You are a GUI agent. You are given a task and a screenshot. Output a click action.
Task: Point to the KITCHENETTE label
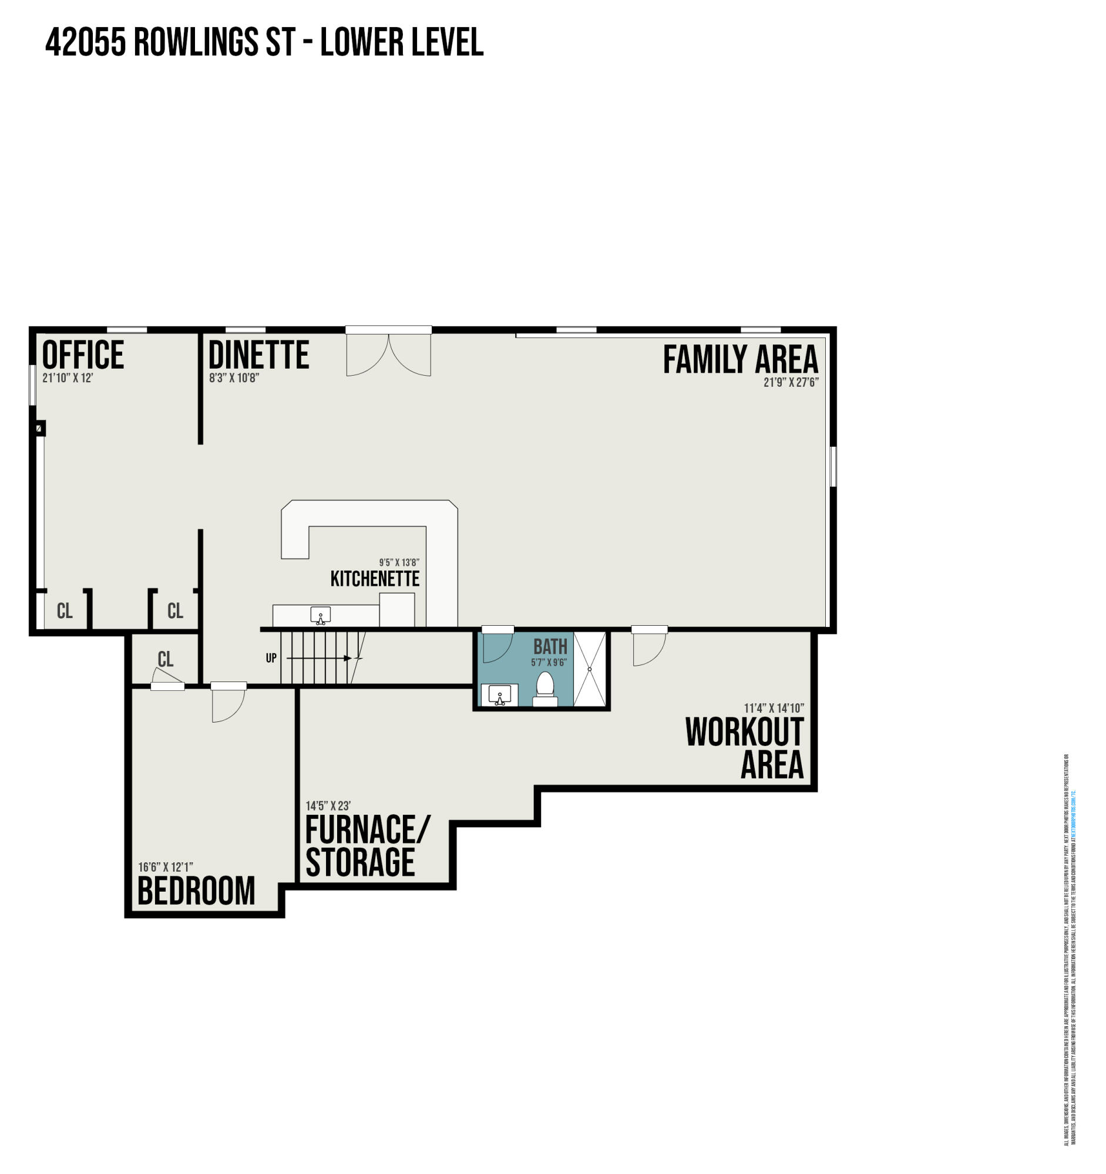click(x=375, y=579)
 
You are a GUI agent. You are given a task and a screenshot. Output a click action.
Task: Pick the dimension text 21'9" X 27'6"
click(x=791, y=383)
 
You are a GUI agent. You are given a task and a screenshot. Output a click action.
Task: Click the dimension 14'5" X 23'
click(x=328, y=805)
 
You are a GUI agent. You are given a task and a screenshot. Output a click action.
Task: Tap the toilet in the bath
click(x=544, y=689)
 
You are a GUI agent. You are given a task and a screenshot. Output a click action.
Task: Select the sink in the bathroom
click(x=500, y=694)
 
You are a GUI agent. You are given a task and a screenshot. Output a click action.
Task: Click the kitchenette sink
click(x=320, y=615)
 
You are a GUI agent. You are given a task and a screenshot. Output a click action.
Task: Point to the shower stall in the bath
click(x=590, y=669)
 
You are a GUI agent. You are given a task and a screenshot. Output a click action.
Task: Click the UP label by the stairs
click(x=271, y=658)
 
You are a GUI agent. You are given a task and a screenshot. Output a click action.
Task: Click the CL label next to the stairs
click(x=166, y=659)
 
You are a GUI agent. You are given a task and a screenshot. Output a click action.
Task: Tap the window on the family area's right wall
click(x=833, y=467)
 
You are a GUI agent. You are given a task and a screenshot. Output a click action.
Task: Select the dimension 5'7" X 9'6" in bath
click(x=548, y=663)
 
